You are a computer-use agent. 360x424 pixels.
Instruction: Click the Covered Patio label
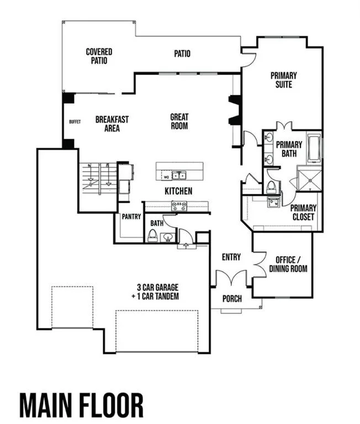coord(99,56)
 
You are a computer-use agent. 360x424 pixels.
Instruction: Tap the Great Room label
coord(179,121)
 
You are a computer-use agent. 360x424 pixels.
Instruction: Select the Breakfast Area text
coord(112,124)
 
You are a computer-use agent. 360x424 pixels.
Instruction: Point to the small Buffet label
coord(75,121)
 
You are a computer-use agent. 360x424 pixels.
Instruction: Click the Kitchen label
coord(178,191)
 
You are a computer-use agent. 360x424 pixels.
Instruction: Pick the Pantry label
coord(131,216)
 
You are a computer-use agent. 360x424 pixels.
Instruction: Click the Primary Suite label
coord(284,79)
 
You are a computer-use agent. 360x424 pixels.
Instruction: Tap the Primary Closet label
coord(303,212)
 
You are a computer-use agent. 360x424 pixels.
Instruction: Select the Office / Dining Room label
coord(288,264)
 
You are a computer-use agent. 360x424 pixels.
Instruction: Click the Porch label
coord(232,299)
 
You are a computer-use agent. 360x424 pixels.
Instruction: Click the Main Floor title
coord(81,406)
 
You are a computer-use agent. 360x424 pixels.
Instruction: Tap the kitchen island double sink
coord(179,176)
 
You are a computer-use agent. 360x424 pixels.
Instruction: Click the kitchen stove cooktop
coord(179,206)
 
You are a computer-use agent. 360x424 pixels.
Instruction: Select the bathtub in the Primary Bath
coord(314,147)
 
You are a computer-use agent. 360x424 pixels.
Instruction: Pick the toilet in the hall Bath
coord(152,236)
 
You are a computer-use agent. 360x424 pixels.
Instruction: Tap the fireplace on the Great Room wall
coord(235,110)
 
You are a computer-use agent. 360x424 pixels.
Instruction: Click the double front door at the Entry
coord(231,278)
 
